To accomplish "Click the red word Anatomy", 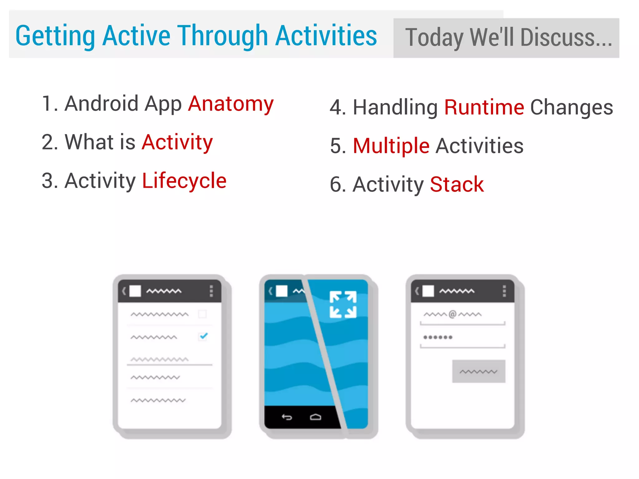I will pyautogui.click(x=231, y=104).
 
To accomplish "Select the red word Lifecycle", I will pyautogui.click(x=184, y=181).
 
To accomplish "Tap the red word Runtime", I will pyautogui.click(x=484, y=108).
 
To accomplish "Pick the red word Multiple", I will pyautogui.click(x=391, y=146).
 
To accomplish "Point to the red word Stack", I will pyautogui.click(x=457, y=185).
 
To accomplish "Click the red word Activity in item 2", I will pyautogui.click(x=177, y=142).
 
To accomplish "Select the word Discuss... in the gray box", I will pyautogui.click(x=566, y=38).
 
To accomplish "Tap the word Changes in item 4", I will pyautogui.click(x=572, y=108).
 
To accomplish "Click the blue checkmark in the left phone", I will pyautogui.click(x=203, y=336).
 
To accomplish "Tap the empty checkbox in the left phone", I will pyautogui.click(x=202, y=314).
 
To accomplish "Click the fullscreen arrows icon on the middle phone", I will pyautogui.click(x=343, y=305).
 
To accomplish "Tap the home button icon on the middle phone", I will pyautogui.click(x=315, y=417).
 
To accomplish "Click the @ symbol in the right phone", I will pyautogui.click(x=452, y=314).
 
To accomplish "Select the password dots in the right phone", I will pyautogui.click(x=438, y=337).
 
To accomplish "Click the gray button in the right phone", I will pyautogui.click(x=479, y=371).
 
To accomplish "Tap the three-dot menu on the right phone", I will pyautogui.click(x=504, y=291).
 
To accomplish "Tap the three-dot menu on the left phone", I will pyautogui.click(x=211, y=291).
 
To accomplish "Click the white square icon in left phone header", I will pyautogui.click(x=135, y=291).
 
